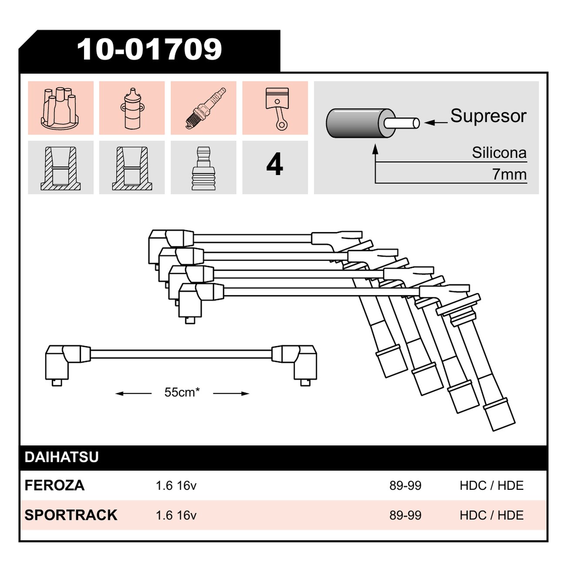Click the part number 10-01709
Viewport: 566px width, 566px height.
[149, 50]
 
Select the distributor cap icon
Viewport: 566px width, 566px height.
[60, 108]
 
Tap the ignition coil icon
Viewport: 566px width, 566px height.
[132, 108]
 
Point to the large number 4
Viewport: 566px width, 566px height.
[275, 164]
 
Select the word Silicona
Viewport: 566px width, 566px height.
[499, 153]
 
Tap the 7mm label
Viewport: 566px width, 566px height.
[509, 175]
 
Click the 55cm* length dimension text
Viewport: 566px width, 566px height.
[182, 392]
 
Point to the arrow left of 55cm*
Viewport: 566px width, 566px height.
[133, 394]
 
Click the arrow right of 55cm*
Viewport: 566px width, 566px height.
[231, 394]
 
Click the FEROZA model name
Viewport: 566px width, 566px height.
[54, 485]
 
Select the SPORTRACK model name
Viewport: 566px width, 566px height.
[71, 515]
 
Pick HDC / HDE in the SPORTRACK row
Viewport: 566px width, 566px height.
[492, 515]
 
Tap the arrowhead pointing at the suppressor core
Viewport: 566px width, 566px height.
[429, 123]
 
